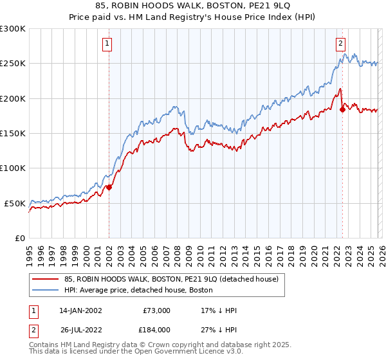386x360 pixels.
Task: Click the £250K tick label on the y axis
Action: pyautogui.click(x=13, y=64)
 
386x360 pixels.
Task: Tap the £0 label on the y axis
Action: pyautogui.click(x=19, y=238)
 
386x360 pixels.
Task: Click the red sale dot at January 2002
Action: pyautogui.click(x=109, y=187)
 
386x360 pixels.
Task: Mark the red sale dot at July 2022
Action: pyautogui.click(x=342, y=109)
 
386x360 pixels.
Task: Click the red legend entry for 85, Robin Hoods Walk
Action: pyautogui.click(x=171, y=279)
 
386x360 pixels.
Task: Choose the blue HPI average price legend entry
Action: pyautogui.click(x=142, y=291)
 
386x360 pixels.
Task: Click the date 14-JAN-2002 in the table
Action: pyautogui.click(x=80, y=310)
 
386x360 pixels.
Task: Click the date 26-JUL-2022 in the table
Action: pyautogui.click(x=80, y=329)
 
